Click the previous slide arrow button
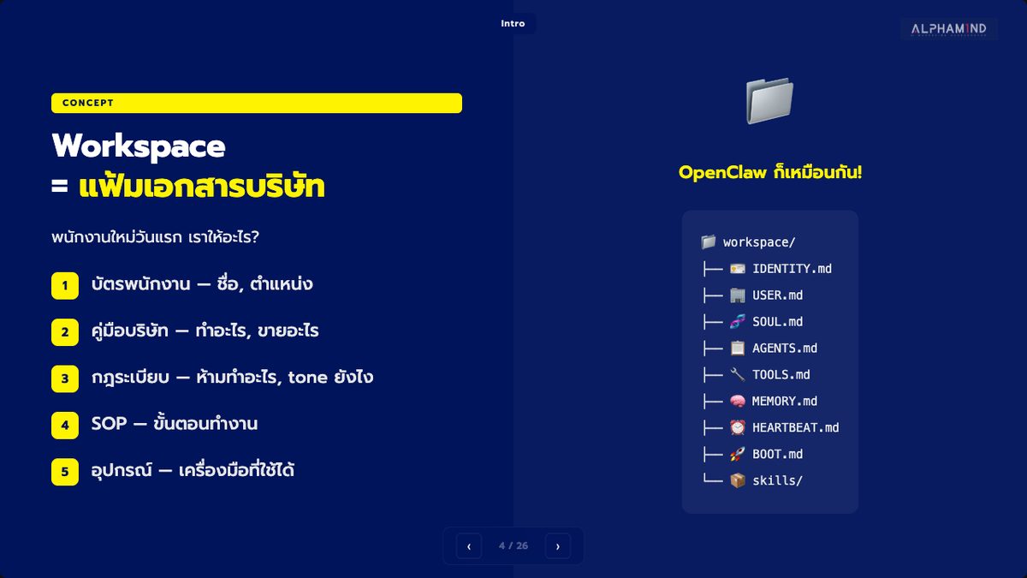(469, 546)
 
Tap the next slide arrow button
(557, 546)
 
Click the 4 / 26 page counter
(513, 546)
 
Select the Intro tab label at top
(513, 23)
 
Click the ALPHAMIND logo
(948, 29)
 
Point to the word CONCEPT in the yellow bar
(87, 103)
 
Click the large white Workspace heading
(139, 146)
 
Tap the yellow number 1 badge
(65, 285)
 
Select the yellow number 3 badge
(65, 378)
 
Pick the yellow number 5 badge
(65, 472)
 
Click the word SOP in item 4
(110, 423)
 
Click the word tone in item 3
(307, 378)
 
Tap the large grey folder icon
(769, 100)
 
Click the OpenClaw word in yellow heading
(722, 172)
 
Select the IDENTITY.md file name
(792, 269)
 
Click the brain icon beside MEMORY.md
(737, 401)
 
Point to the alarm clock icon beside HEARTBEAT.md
(737, 427)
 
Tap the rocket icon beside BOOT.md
(737, 454)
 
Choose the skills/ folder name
(777, 480)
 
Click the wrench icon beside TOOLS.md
(737, 374)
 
